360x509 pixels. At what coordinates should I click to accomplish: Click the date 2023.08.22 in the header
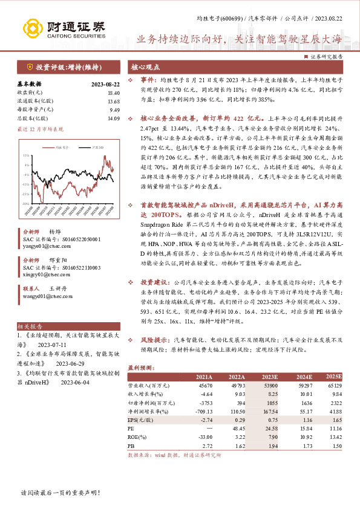coord(332,19)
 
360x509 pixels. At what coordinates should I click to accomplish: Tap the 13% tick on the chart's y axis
coord(25,156)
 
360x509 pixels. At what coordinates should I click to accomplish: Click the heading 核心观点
coord(145,66)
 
